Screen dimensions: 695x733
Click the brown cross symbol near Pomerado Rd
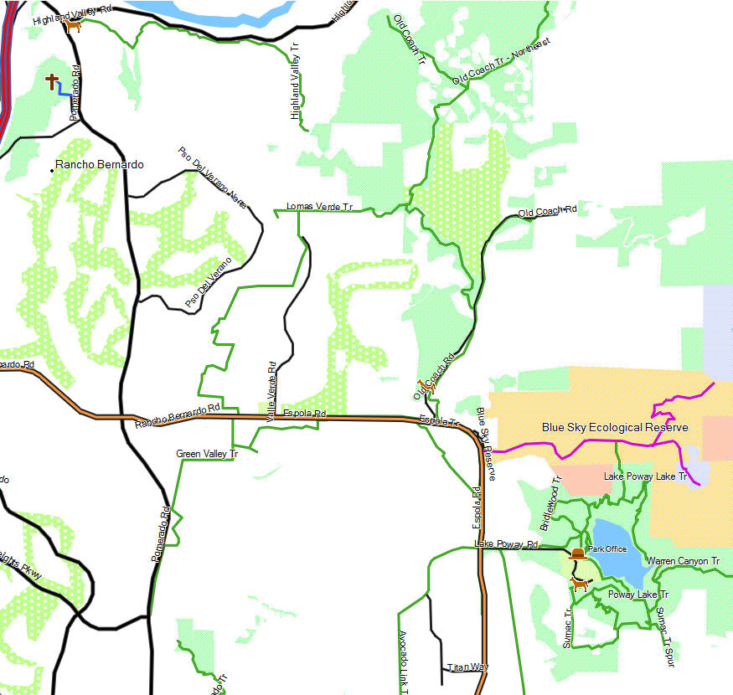click(x=52, y=82)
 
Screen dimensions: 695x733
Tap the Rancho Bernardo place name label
click(x=99, y=165)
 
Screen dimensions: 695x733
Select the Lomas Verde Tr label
click(x=319, y=206)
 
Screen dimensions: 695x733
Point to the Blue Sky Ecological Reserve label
click(x=615, y=427)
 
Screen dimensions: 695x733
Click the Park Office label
click(x=607, y=549)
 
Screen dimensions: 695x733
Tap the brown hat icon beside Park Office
click(x=577, y=553)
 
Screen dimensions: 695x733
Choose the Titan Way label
click(x=467, y=667)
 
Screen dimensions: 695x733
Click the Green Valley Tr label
click(x=207, y=454)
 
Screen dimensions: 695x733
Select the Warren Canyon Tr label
click(x=683, y=561)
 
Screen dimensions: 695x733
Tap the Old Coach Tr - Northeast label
click(x=501, y=61)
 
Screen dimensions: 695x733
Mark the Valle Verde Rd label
click(x=271, y=392)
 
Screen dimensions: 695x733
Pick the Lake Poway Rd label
click(x=505, y=544)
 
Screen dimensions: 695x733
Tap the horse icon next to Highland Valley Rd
click(x=74, y=26)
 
